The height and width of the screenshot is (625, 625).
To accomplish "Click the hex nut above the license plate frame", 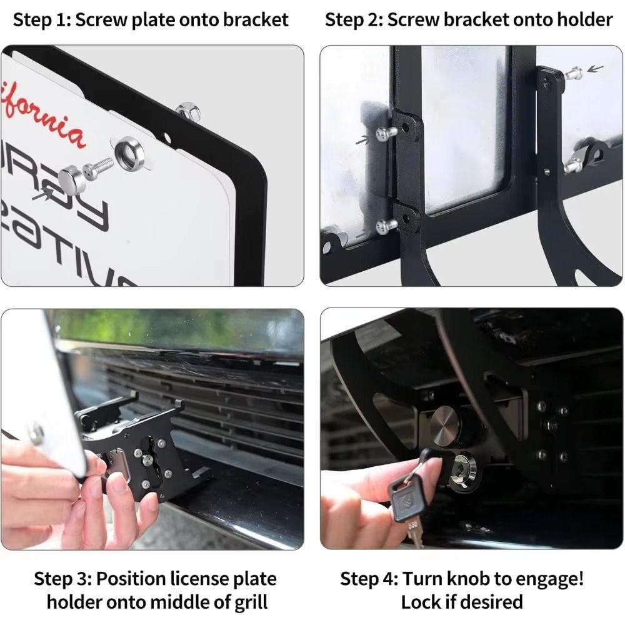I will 187,112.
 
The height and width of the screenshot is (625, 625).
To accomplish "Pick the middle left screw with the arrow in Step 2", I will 384,132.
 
